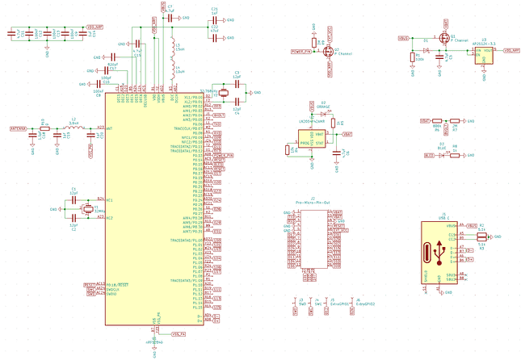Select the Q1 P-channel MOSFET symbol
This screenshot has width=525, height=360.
click(x=443, y=39)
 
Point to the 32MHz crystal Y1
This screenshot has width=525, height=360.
click(x=86, y=209)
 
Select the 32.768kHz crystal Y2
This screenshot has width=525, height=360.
click(x=224, y=93)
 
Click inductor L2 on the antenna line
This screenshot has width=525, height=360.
click(x=73, y=128)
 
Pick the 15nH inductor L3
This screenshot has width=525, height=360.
click(x=171, y=46)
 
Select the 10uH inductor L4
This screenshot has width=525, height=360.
click(x=171, y=65)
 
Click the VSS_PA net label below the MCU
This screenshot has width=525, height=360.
click(x=179, y=333)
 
